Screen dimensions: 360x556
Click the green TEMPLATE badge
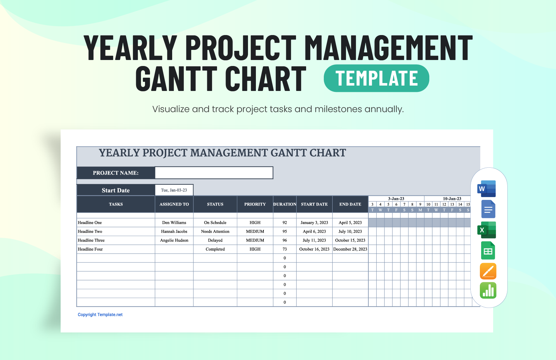[376, 78]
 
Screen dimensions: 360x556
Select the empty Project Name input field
[214, 173]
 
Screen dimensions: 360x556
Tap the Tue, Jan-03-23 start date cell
[174, 190]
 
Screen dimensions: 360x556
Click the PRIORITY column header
[255, 204]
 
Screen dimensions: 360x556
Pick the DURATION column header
[285, 204]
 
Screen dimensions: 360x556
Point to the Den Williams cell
[174, 223]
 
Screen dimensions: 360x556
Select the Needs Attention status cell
[215, 231]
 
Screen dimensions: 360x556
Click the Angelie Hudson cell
[174, 240]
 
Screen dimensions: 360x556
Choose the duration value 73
[285, 249]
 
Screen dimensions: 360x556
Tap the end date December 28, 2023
[350, 249]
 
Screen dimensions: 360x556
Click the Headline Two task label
[90, 231]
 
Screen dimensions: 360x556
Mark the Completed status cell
[215, 249]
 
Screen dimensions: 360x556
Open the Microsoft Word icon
[487, 189]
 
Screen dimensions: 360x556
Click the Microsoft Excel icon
[487, 230]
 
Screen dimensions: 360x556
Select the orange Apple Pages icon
[488, 271]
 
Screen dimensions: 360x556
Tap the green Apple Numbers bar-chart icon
[488, 291]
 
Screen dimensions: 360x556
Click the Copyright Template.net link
[100, 315]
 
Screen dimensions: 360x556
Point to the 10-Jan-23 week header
[452, 199]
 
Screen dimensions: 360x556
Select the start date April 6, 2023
[314, 231]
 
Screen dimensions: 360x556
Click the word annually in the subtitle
[384, 109]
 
